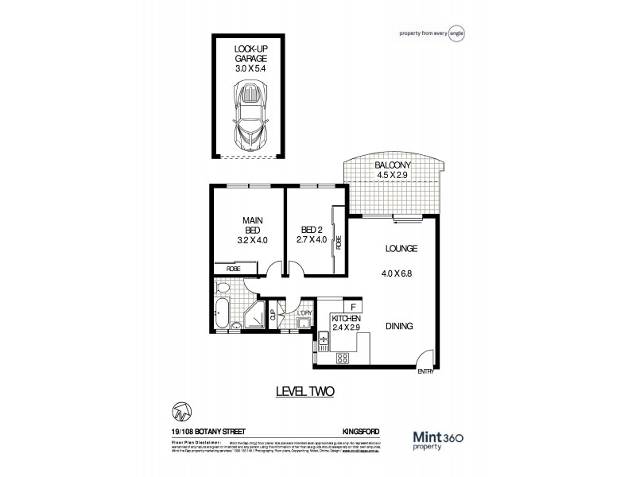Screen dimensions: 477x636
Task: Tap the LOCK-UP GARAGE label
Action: click(250, 59)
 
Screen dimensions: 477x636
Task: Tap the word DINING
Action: click(400, 326)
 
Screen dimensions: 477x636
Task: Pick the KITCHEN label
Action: click(347, 318)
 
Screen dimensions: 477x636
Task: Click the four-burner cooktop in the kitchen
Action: click(344, 359)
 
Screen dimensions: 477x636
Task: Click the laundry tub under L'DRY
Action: click(303, 324)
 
